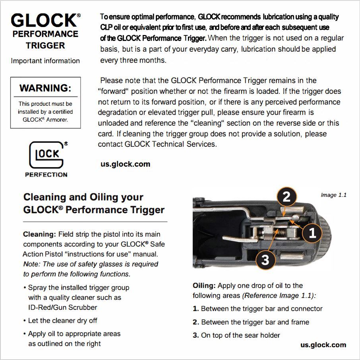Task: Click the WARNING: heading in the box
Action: click(45, 88)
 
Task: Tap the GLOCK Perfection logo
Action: click(46, 159)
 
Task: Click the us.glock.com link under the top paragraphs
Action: click(126, 164)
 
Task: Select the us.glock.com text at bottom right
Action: click(323, 345)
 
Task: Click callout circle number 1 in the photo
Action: click(312, 233)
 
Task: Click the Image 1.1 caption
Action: click(333, 195)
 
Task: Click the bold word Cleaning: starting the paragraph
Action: click(40, 234)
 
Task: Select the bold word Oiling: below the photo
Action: click(204, 286)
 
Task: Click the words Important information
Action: click(45, 61)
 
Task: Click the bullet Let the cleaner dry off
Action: click(63, 321)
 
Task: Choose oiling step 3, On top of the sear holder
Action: click(236, 335)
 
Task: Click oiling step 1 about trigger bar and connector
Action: click(257, 309)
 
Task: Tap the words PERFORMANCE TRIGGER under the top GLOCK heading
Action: click(45, 40)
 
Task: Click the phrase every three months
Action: click(133, 60)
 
